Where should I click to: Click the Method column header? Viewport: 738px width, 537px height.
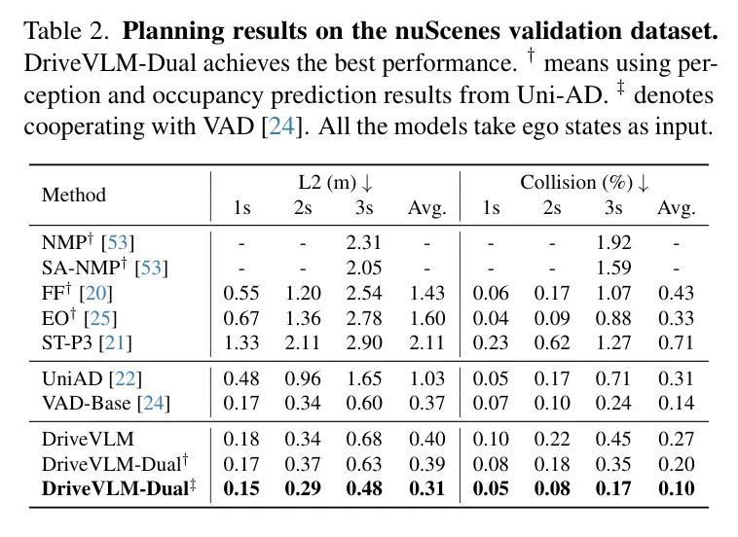pos(73,195)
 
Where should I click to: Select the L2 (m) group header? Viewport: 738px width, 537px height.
pos(334,183)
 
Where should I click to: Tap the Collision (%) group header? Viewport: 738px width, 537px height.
pos(584,183)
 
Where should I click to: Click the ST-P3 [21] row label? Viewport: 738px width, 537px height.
pos(87,341)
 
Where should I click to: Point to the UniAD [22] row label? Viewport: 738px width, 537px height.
pos(89,377)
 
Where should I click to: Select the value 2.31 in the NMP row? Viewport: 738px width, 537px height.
pos(365,242)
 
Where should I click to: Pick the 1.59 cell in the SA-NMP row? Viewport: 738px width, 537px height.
pos(614,268)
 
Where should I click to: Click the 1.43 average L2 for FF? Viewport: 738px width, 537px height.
pos(426,293)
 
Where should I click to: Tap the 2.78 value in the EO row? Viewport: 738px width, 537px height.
pos(365,318)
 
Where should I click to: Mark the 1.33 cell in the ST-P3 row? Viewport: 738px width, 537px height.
pos(240,342)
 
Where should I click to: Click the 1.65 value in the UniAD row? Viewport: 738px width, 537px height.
pos(365,377)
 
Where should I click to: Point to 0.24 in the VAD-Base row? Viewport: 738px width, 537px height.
pos(614,403)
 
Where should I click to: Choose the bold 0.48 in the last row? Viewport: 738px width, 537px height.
pos(365,487)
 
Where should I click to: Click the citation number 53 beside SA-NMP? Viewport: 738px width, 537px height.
pos(151,268)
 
